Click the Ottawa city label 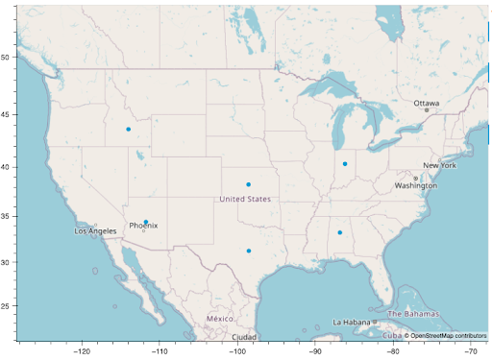tap(426, 103)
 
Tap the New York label tap(439, 166)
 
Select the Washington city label tap(415, 185)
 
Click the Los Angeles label tap(95, 231)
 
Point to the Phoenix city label tap(143, 226)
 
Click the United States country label tap(245, 199)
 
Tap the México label tap(219, 318)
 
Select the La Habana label tap(351, 322)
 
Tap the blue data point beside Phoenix tap(146, 222)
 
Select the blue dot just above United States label tap(248, 184)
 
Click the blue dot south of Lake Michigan tap(345, 164)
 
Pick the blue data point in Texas tap(249, 252)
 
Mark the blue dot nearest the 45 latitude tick tap(128, 130)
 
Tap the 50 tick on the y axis tap(6, 58)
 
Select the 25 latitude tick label tap(6, 306)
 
